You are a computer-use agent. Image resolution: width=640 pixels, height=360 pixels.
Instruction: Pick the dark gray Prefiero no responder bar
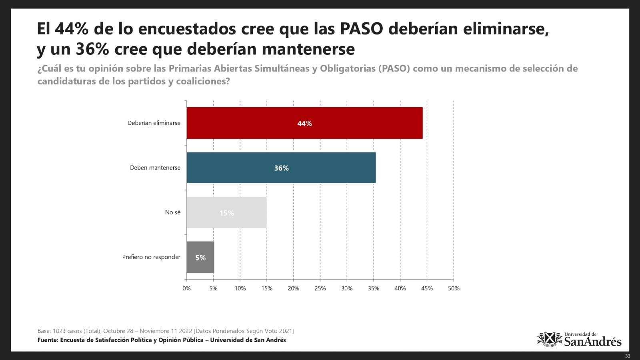pos(200,258)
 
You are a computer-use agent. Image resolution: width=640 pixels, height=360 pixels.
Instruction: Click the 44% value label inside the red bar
pos(304,124)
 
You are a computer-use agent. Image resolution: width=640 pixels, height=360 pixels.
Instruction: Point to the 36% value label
pos(281,168)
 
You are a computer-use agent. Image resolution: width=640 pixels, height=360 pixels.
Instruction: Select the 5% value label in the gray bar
pos(200,258)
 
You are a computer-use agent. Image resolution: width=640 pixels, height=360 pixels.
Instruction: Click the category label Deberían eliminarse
pos(154,123)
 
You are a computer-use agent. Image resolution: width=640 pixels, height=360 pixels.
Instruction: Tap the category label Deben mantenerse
pos(155,168)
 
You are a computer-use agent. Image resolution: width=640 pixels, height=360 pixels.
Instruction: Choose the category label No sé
pos(172,212)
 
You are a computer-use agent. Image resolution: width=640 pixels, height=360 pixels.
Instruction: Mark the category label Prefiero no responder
pos(151,257)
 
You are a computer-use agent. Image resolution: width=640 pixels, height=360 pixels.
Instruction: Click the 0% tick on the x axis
pos(186,288)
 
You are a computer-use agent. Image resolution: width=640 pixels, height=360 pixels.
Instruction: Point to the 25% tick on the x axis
pos(320,288)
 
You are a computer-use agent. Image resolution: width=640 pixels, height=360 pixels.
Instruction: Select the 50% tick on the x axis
pos(454,288)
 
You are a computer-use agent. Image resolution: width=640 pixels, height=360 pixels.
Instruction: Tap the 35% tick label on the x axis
pos(374,288)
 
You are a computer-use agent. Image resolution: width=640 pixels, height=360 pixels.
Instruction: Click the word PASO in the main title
pos(362,29)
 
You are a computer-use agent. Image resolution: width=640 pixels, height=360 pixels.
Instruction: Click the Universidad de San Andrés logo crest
pos(549,340)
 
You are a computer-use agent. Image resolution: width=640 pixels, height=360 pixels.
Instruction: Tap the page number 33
pos(628,356)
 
